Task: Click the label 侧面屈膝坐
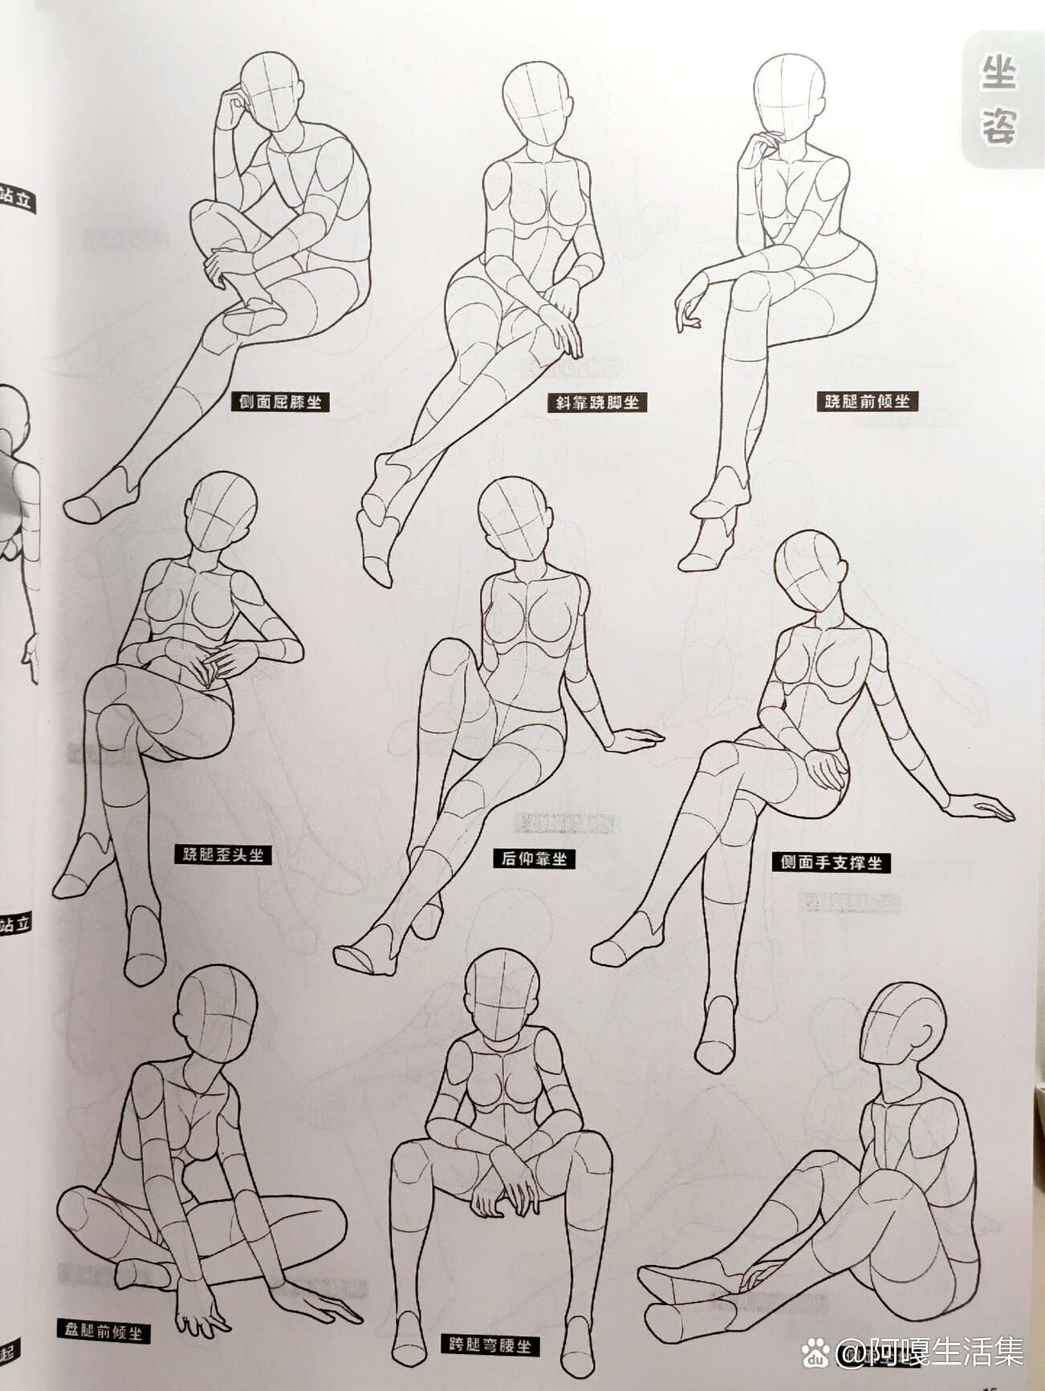[279, 401]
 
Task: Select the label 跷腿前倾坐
[868, 399]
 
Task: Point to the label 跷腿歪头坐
[222, 855]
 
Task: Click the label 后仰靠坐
[535, 858]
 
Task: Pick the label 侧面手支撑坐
[832, 862]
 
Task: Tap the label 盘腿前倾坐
[104, 1332]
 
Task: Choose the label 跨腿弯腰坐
[490, 1344]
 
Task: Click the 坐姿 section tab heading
[998, 101]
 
